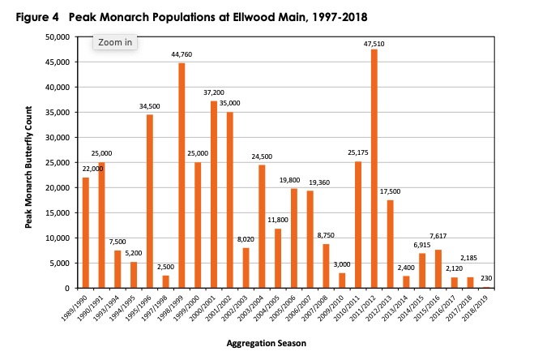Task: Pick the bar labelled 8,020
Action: coord(246,268)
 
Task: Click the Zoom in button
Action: coord(115,42)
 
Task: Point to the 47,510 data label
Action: coord(374,43)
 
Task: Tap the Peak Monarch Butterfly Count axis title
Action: coord(29,163)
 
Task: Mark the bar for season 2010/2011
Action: coord(358,225)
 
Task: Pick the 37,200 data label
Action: coord(214,93)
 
